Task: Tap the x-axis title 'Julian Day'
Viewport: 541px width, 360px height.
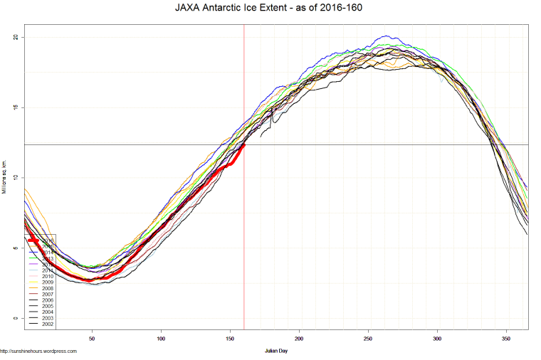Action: point(275,351)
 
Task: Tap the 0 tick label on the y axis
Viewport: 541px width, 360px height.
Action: point(16,318)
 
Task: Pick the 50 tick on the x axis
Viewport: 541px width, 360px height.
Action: point(92,339)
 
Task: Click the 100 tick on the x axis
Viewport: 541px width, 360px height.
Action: point(161,339)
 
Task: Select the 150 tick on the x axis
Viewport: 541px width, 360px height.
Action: point(230,339)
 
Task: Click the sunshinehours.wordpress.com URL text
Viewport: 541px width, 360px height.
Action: point(38,351)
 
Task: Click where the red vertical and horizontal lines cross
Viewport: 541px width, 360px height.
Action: point(244,144)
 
